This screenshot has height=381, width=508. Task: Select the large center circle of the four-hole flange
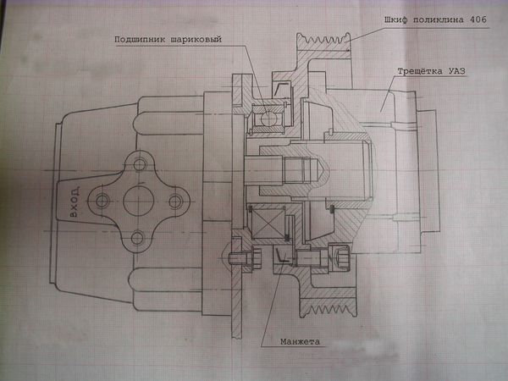click(139, 202)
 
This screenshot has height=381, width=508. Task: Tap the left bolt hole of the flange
click(102, 202)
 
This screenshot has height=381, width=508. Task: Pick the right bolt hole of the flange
click(176, 202)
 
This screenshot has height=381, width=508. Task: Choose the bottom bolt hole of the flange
click(139, 239)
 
